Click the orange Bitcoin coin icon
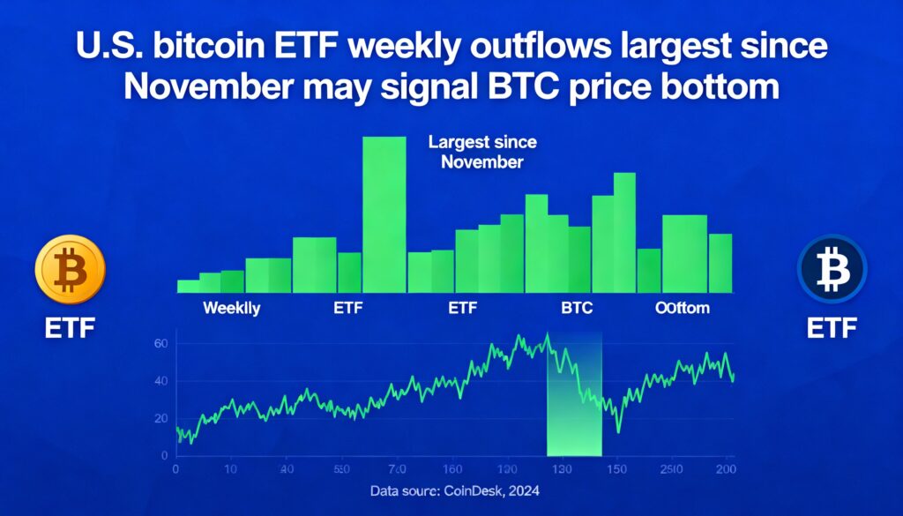coord(69,269)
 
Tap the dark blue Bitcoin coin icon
coord(832,269)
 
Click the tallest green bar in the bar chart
coord(384,213)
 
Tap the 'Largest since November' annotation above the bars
coord(481,151)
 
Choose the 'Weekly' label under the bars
coord(231,309)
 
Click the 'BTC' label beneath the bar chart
coord(577,309)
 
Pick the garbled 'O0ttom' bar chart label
coord(682,309)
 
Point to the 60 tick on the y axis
coord(160,343)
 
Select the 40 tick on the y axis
coord(160,380)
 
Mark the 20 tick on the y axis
coord(160,418)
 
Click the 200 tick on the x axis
coord(727,468)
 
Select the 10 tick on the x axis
coord(230,468)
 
